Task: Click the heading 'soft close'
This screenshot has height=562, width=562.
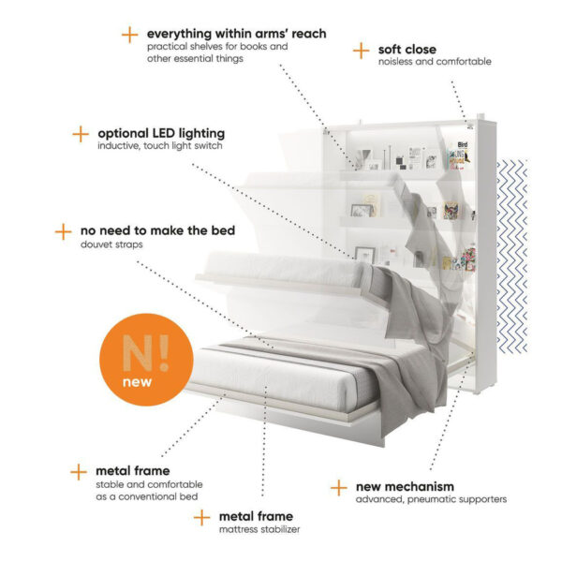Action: click(407, 49)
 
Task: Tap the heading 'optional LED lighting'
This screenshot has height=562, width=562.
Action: click(161, 133)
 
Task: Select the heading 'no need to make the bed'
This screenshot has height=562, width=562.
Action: click(157, 230)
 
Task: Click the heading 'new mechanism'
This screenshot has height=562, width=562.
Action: click(405, 487)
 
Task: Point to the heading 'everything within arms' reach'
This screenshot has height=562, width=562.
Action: click(237, 34)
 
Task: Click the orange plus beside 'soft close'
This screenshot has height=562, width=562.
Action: click(361, 51)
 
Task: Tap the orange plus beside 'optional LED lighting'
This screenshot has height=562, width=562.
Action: click(81, 134)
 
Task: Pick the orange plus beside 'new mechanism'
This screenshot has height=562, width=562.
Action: click(339, 488)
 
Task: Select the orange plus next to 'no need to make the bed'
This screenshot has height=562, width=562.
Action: click(63, 232)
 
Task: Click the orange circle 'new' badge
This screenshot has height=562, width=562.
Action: click(146, 360)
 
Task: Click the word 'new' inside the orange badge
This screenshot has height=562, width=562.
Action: click(137, 382)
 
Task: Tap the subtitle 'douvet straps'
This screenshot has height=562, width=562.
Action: click(111, 244)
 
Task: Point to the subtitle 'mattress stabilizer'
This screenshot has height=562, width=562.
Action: click(259, 529)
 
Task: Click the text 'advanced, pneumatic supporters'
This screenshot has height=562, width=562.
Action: click(431, 499)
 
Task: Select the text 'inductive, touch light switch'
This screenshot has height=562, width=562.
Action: click(160, 146)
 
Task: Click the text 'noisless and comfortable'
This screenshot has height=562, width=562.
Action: click(435, 62)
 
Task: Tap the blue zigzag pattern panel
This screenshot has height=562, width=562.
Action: click(512, 257)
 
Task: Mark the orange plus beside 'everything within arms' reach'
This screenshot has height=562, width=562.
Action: click(130, 36)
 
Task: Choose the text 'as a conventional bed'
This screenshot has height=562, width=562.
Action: click(147, 496)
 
